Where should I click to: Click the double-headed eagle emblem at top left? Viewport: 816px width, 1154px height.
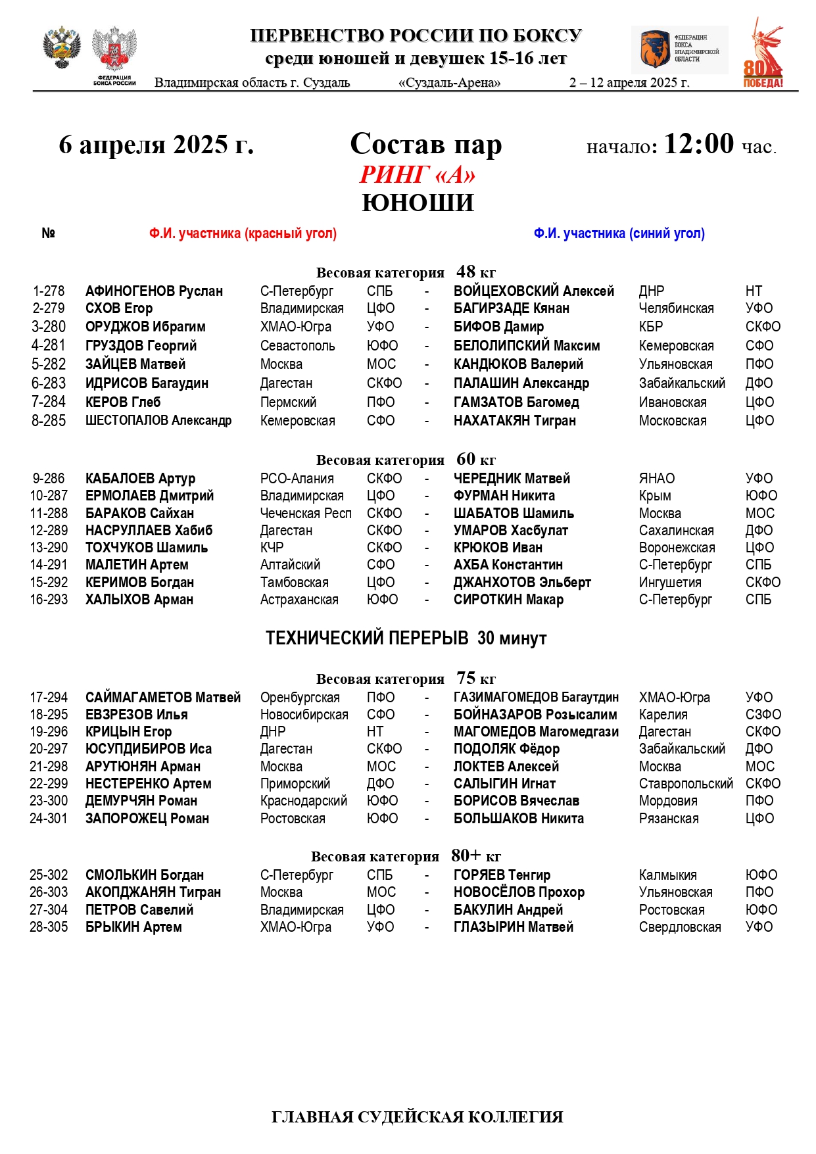(x=61, y=47)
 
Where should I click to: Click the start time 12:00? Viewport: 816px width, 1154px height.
(x=698, y=144)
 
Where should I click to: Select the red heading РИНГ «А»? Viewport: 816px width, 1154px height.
(x=418, y=175)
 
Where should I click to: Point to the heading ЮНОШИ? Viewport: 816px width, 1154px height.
(x=418, y=203)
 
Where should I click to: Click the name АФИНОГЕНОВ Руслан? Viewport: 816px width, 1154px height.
(x=154, y=291)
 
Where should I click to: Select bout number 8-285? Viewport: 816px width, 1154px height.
(x=49, y=421)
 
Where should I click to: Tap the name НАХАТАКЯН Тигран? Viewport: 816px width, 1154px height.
(x=514, y=421)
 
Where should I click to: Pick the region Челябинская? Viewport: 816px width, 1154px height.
(x=676, y=308)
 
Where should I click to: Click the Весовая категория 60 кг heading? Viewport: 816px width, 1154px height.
(x=406, y=460)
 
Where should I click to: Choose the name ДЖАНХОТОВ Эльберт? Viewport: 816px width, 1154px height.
(x=522, y=583)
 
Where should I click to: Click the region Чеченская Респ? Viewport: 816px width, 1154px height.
(x=306, y=514)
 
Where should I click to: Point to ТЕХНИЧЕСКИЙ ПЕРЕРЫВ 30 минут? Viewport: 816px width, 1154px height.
(x=406, y=638)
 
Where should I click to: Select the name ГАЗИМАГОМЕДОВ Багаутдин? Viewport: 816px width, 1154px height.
(x=536, y=698)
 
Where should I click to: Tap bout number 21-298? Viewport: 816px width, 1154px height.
(x=49, y=767)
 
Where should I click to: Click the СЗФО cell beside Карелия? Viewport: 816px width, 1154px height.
(x=763, y=715)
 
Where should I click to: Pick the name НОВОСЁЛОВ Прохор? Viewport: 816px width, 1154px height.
(x=519, y=892)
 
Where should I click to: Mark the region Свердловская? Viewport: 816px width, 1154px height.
(x=680, y=927)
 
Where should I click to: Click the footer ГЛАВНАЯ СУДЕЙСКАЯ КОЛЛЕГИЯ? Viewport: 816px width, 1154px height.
(x=417, y=1117)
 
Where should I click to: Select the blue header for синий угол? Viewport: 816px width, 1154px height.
(x=619, y=233)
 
